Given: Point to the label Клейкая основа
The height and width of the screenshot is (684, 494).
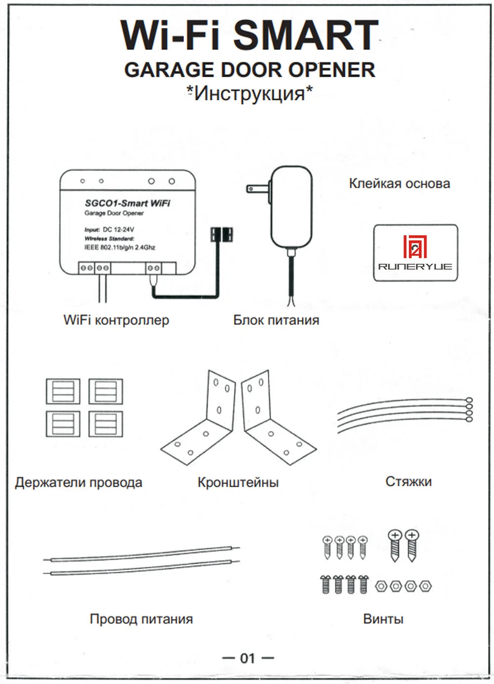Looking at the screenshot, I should point(399,184).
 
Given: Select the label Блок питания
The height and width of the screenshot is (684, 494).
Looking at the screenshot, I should point(276,320).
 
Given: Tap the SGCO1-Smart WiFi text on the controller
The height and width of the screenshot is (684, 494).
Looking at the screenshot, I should point(127,203).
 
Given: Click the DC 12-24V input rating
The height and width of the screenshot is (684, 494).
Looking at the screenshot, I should point(118,230).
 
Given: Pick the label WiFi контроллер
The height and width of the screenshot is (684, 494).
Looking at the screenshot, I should point(116,320).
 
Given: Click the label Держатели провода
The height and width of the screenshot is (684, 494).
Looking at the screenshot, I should point(79,483).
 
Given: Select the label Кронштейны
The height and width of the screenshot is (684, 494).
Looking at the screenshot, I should point(238,482).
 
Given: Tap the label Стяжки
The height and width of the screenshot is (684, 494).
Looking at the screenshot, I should point(409,482).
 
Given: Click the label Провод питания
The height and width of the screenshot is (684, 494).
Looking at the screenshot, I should point(141,619).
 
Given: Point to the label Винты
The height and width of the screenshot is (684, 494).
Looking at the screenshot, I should point(383,619).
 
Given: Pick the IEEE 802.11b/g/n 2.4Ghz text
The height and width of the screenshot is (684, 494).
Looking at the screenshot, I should point(120,248).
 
